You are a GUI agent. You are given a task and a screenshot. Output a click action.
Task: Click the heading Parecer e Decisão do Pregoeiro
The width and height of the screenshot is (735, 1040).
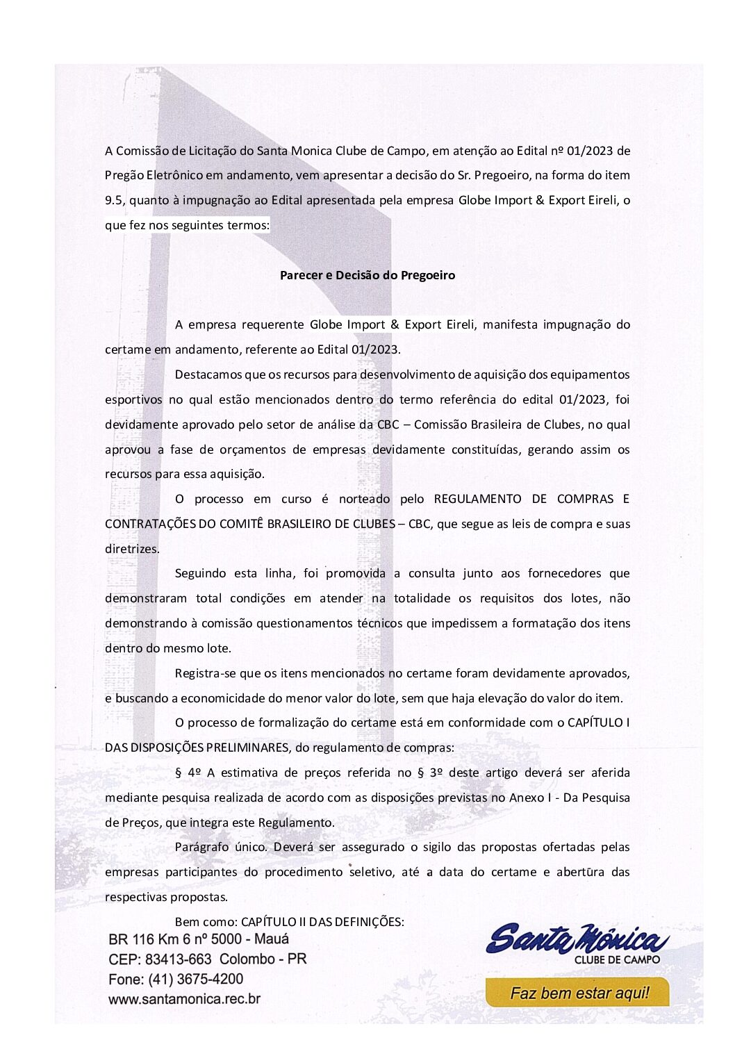(367, 275)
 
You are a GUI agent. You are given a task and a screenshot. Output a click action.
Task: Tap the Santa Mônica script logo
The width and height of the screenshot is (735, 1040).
(577, 939)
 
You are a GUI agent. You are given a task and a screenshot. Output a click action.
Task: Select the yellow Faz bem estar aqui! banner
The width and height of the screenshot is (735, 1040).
(577, 993)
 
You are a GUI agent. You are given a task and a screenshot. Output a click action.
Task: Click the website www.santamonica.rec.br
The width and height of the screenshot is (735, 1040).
(184, 999)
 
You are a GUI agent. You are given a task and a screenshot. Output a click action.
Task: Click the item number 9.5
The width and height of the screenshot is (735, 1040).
(114, 200)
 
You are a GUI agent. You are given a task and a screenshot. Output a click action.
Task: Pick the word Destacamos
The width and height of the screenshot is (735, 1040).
(208, 374)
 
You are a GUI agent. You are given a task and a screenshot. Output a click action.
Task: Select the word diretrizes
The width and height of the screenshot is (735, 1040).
(132, 549)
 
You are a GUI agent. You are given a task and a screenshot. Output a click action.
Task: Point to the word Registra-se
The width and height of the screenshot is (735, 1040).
(207, 673)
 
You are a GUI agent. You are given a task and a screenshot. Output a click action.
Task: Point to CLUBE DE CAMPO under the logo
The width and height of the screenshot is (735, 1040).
(617, 959)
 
